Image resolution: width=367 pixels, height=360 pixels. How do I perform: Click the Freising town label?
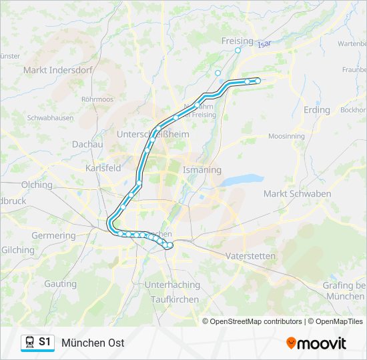click(237, 41)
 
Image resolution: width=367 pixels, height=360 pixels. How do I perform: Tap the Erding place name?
click(316, 109)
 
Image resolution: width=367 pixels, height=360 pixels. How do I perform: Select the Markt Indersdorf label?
click(53, 69)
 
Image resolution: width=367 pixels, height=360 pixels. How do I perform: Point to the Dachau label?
click(87, 144)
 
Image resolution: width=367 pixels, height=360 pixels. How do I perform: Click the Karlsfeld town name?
click(103, 168)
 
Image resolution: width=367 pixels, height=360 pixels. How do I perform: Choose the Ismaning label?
click(202, 170)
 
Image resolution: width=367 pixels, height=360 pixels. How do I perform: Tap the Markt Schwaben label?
click(297, 194)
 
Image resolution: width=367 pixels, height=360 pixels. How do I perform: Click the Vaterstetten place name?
click(250, 255)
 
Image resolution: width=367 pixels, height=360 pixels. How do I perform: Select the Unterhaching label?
click(172, 285)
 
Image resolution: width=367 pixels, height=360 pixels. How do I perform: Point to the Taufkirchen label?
click(175, 299)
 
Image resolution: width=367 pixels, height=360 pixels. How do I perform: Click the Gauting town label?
click(60, 283)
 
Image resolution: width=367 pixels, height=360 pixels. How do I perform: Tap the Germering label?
click(53, 235)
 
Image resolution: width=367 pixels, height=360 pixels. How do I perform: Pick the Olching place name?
click(37, 185)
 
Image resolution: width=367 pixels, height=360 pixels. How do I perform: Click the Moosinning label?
click(286, 136)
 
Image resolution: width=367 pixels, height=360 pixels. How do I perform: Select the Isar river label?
click(265, 43)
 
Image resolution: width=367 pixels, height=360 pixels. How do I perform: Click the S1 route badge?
click(45, 342)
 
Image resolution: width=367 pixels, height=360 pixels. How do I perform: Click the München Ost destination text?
click(93, 343)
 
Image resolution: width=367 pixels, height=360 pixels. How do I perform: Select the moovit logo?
click(316, 343)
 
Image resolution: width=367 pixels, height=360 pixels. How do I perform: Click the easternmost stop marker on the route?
click(258, 81)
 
